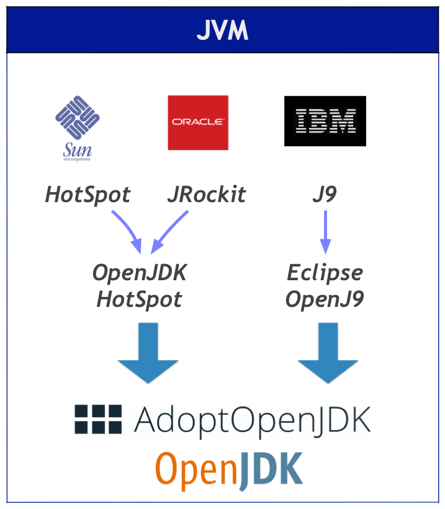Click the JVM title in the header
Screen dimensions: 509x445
[222, 30]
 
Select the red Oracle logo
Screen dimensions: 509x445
[198, 122]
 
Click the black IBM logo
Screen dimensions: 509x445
[325, 121]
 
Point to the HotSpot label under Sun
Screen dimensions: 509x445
[88, 195]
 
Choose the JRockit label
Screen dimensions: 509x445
[206, 195]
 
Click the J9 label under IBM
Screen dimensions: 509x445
[324, 195]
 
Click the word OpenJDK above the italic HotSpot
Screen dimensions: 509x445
[140, 273]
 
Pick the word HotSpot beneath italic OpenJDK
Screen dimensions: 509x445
[140, 300]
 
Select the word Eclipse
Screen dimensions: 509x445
[325, 273]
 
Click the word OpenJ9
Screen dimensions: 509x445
[325, 300]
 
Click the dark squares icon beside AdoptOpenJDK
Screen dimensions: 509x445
[98, 419]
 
